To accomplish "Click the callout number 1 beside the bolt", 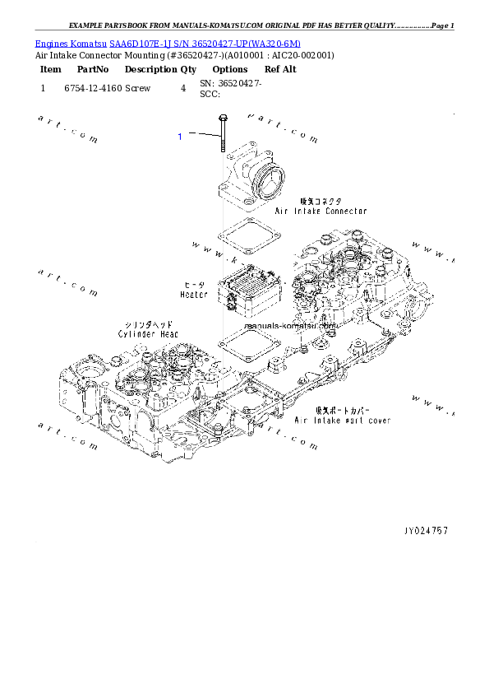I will [180, 137].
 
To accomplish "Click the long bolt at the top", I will [222, 137].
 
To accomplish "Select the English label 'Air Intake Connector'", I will [320, 211].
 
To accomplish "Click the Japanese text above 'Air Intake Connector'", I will [321, 201].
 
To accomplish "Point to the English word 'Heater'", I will [194, 294].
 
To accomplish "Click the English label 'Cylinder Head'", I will [147, 334].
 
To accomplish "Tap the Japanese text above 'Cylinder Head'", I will [147, 324].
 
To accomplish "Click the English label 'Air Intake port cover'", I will [343, 421].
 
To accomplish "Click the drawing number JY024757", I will [426, 531].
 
